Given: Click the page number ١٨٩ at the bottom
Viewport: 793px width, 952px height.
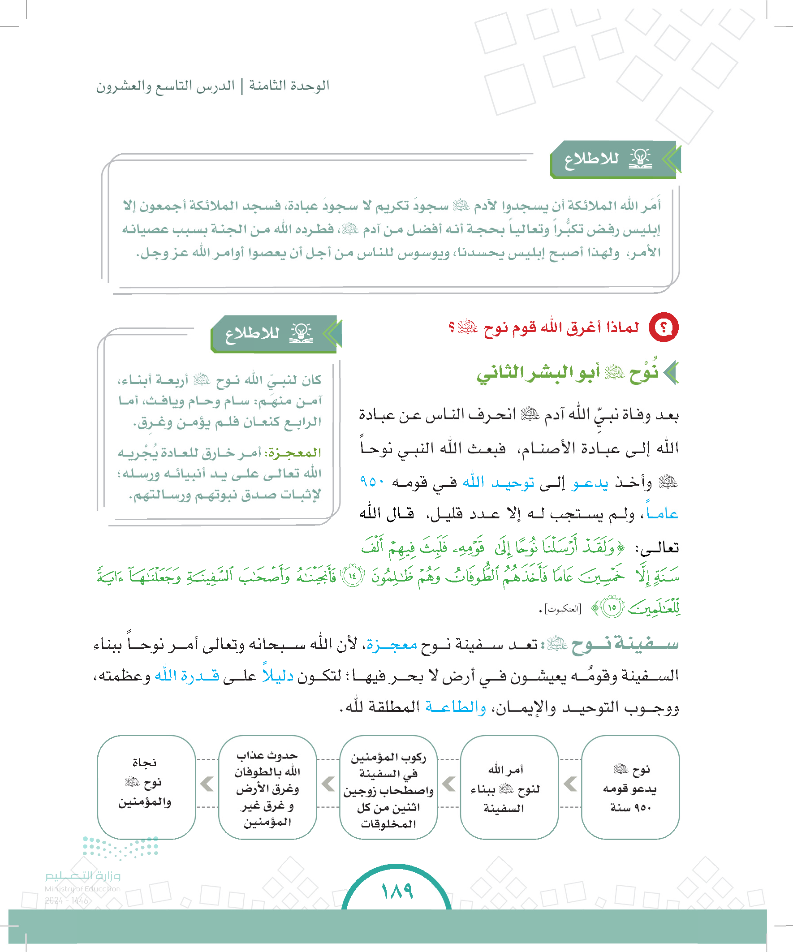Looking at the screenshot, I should click(397, 891).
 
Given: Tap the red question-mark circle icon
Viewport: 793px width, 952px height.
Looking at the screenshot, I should click(664, 327).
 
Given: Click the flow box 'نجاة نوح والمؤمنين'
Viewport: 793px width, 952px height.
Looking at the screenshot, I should click(146, 788).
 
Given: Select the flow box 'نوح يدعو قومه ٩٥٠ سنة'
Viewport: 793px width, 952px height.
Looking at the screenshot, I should click(630, 788).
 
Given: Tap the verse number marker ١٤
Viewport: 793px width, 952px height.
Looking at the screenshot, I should click(352, 577).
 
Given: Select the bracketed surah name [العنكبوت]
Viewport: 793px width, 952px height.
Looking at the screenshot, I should click(563, 609).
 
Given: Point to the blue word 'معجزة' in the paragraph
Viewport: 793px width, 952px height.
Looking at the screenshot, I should click(392, 644).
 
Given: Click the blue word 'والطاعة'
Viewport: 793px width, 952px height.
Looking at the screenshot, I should click(455, 707).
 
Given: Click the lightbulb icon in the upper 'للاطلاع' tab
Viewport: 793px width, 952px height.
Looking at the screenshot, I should click(640, 158).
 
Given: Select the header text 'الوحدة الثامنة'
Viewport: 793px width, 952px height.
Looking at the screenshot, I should click(289, 86).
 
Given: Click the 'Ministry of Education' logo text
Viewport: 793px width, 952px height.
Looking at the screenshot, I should click(82, 889).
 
